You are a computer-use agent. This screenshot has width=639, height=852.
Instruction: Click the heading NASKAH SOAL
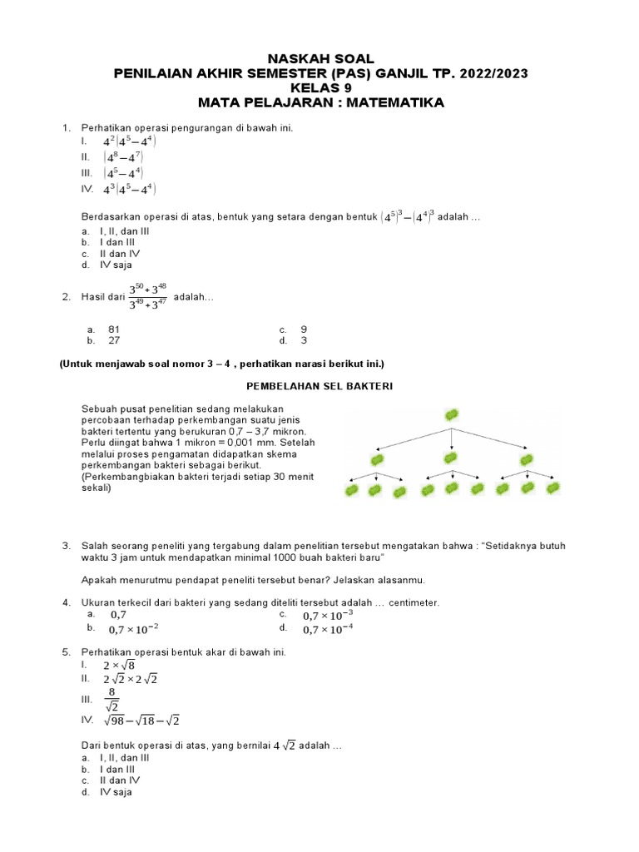(320, 58)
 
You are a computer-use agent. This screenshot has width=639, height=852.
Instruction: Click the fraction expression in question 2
(148, 297)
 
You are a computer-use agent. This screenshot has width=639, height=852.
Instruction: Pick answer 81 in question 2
(114, 329)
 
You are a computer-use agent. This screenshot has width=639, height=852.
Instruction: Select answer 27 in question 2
(114, 340)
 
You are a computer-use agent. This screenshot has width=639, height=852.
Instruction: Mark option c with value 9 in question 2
(304, 329)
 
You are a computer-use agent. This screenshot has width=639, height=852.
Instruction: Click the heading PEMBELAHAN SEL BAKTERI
(319, 387)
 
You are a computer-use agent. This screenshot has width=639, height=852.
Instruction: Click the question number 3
(66, 546)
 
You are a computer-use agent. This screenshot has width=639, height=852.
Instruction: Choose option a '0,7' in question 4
(119, 614)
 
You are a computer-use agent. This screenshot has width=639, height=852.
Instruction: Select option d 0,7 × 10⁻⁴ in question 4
(327, 630)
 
